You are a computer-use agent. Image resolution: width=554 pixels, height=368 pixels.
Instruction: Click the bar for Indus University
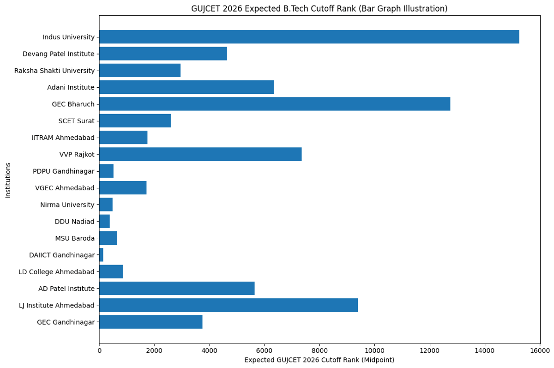(309, 37)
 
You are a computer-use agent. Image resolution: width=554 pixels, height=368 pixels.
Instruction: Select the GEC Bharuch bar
(274, 104)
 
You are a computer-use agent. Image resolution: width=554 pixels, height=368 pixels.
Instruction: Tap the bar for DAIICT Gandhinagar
(101, 255)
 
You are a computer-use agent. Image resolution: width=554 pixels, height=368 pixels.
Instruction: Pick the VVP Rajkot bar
(200, 154)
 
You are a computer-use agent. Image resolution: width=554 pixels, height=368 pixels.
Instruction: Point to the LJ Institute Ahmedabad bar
(229, 305)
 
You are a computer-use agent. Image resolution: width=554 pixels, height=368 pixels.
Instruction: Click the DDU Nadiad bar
(104, 222)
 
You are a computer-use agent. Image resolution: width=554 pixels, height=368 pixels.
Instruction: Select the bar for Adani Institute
(187, 87)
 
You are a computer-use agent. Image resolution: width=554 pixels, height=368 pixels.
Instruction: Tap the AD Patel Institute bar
(177, 289)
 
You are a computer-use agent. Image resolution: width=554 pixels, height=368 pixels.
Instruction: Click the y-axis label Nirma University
(67, 205)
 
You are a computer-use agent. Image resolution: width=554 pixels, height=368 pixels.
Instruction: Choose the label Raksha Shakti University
(54, 71)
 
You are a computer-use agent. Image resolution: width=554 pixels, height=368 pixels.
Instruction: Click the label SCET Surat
(76, 121)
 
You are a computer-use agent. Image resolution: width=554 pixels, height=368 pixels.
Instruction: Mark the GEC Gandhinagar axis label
(66, 322)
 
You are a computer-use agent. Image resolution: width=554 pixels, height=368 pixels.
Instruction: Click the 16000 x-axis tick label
(540, 350)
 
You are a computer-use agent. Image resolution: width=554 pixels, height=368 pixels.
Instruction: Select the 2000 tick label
(154, 350)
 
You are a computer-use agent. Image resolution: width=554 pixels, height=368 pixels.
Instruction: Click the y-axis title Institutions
(8, 180)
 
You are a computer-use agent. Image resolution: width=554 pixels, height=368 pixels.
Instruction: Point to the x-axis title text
(319, 360)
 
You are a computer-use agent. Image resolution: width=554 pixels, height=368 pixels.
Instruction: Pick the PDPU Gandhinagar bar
(106, 171)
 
